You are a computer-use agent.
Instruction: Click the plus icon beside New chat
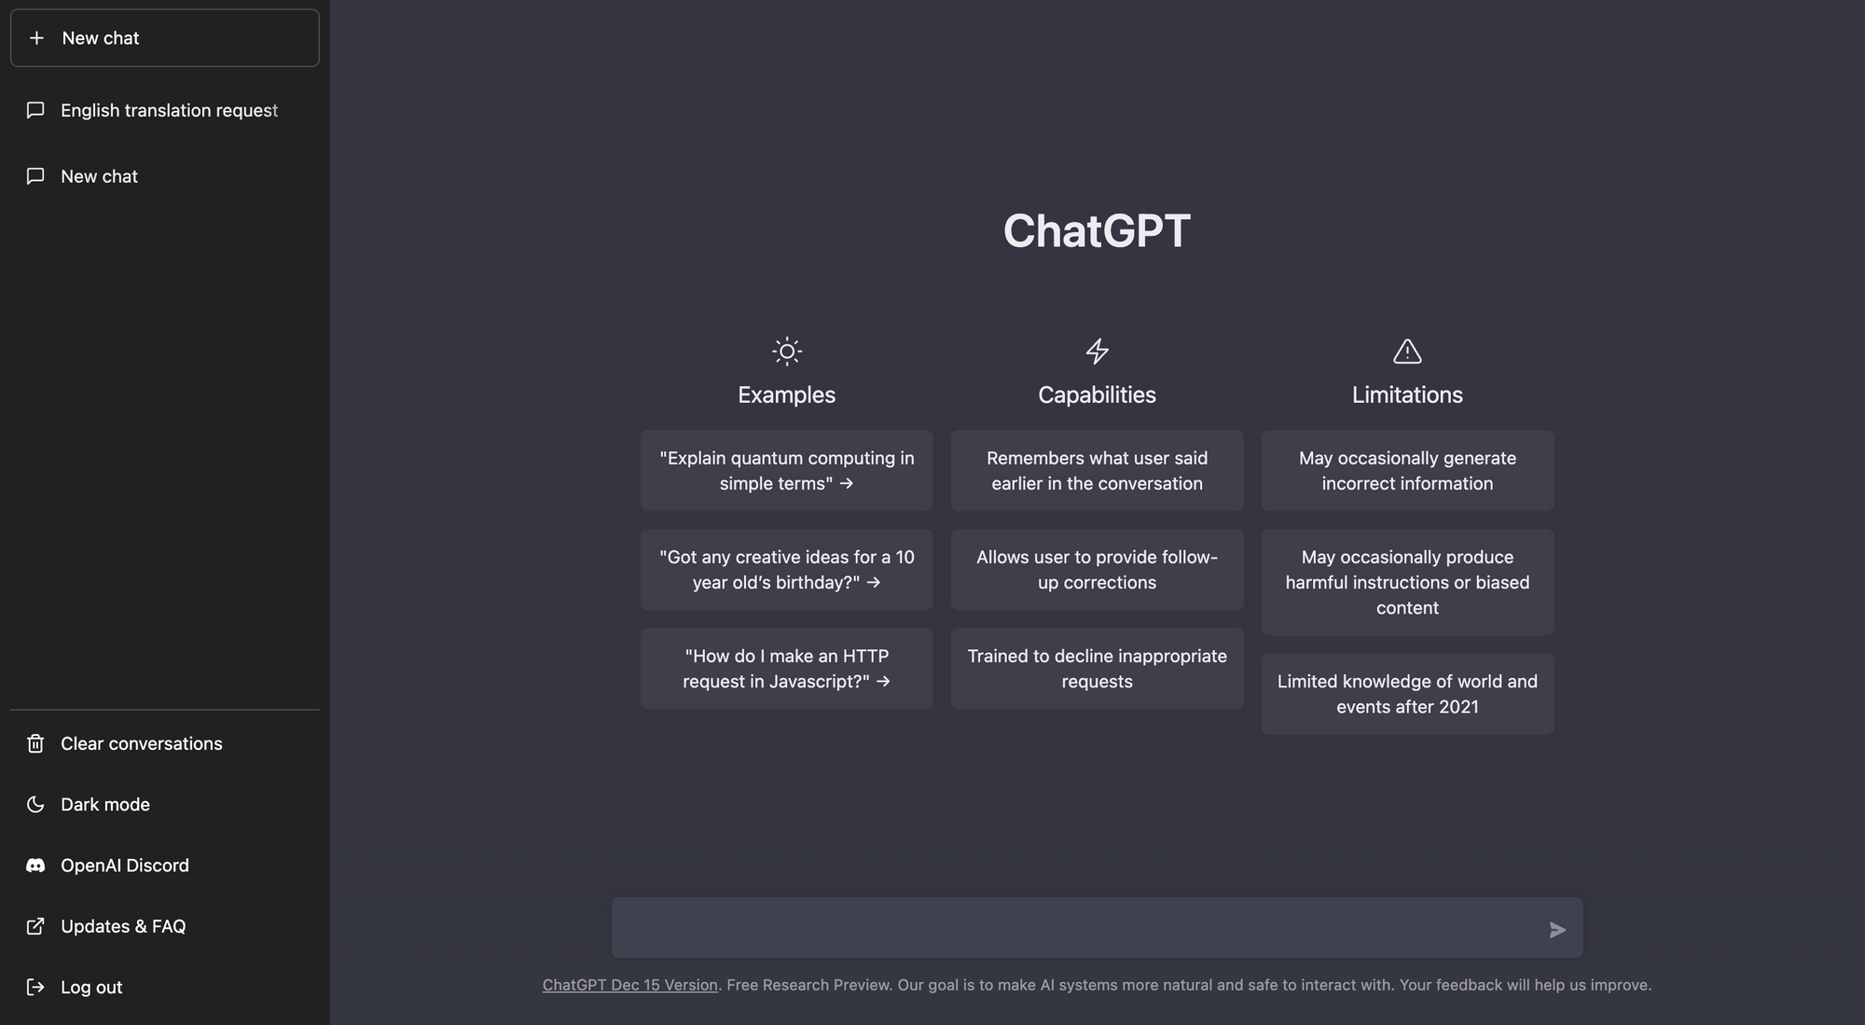(36, 38)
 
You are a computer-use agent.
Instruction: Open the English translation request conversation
(168, 111)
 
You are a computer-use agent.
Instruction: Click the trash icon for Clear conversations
(35, 743)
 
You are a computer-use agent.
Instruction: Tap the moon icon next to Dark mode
(35, 804)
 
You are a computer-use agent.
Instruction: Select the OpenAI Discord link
(124, 866)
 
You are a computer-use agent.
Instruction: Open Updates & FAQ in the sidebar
(122, 926)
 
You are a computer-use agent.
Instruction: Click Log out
(90, 987)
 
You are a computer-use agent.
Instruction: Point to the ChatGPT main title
(1097, 230)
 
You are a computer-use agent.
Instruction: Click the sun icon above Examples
(787, 352)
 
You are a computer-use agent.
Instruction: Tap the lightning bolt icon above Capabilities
(1097, 352)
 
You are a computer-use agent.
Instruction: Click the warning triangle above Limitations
(1407, 352)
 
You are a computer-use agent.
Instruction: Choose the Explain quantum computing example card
(786, 471)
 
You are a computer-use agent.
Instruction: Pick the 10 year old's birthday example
(786, 570)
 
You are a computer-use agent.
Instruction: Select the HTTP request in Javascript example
(786, 669)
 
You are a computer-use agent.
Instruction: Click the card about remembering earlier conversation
(1097, 471)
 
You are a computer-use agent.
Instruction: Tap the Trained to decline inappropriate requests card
(1097, 669)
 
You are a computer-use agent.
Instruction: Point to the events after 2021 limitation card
(1407, 694)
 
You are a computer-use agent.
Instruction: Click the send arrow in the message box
(1557, 930)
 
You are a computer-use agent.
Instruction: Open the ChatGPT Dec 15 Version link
(630, 985)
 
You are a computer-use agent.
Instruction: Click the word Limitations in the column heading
(1407, 395)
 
